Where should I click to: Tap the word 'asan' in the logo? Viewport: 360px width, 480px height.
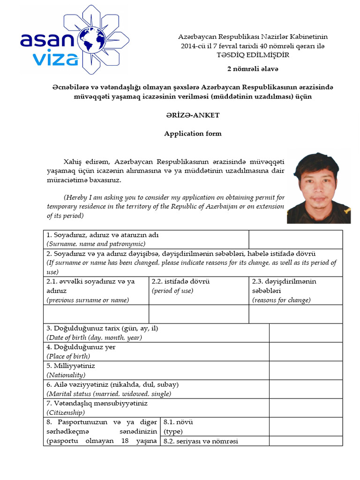pyautogui.click(x=46, y=39)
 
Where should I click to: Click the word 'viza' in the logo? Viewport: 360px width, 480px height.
pyautogui.click(x=56, y=59)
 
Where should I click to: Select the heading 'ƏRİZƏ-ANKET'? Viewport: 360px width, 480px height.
pyautogui.click(x=192, y=115)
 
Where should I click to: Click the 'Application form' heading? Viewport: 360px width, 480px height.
pyautogui.click(x=192, y=134)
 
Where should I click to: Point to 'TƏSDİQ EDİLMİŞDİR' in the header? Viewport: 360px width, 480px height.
pyautogui.click(x=253, y=55)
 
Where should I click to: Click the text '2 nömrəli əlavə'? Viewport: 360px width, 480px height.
pyautogui.click(x=253, y=69)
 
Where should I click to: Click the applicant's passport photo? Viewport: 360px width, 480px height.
pyautogui.click(x=318, y=187)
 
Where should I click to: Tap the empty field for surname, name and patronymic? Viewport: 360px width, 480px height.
pyautogui.click(x=295, y=239)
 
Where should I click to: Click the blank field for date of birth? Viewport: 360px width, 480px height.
pyautogui.click(x=306, y=333)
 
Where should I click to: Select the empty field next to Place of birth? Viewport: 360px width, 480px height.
pyautogui.click(x=306, y=352)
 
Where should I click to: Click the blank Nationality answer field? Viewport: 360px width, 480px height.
pyautogui.click(x=306, y=370)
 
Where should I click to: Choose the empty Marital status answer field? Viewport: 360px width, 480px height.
pyautogui.click(x=306, y=389)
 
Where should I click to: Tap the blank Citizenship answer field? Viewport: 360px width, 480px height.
pyautogui.click(x=306, y=407)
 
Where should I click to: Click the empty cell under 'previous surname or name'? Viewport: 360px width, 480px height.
pyautogui.click(x=96, y=314)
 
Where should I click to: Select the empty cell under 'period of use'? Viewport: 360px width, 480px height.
pyautogui.click(x=199, y=314)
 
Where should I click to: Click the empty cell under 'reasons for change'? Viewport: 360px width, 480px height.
pyautogui.click(x=295, y=314)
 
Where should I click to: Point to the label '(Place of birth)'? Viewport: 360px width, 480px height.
pyautogui.click(x=68, y=356)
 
